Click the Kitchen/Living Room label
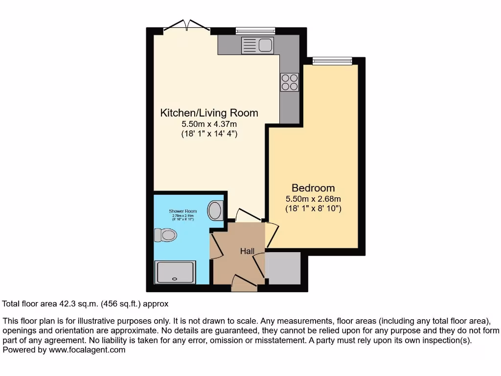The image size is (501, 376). (209, 113)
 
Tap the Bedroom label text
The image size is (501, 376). (313, 188)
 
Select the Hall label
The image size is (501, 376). (247, 251)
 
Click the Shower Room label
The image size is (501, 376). (183, 211)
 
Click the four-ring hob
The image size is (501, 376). (289, 82)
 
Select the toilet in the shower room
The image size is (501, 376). (165, 235)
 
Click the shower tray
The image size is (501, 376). (175, 272)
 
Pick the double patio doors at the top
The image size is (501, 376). (187, 27)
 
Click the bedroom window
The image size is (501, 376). (332, 61)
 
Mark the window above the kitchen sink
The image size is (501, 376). (255, 31)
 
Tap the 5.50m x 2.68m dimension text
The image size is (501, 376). (313, 199)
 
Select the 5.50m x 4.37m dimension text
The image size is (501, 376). (209, 124)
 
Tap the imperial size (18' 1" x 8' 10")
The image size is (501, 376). (313, 208)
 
